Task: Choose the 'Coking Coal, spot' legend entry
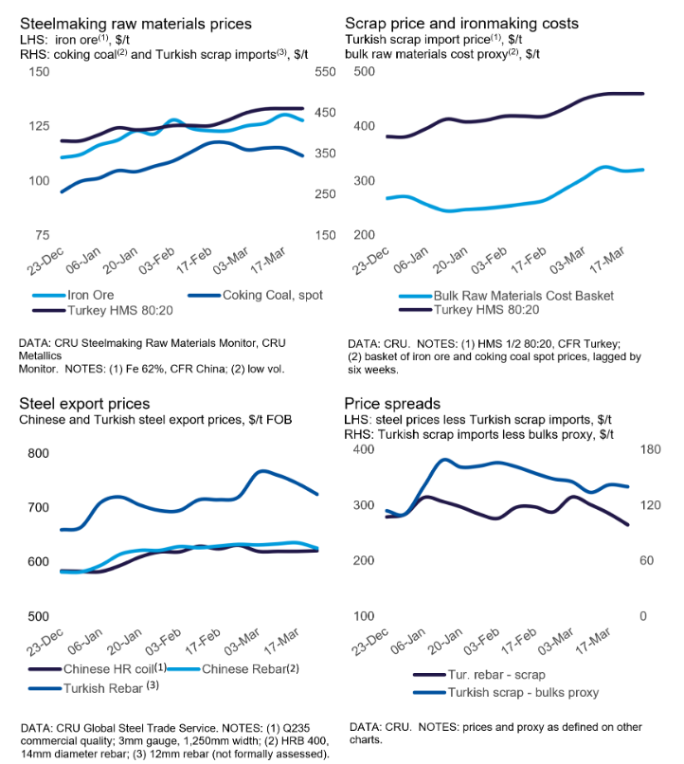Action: [x=272, y=295]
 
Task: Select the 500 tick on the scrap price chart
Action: [x=363, y=72]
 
